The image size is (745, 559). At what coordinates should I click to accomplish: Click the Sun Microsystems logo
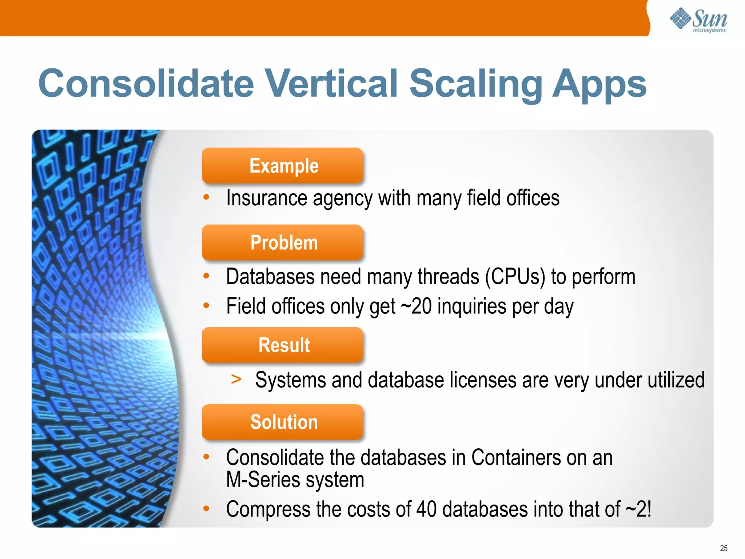click(x=698, y=20)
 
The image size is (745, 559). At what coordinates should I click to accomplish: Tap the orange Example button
click(x=283, y=166)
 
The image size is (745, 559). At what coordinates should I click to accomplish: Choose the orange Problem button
click(x=283, y=242)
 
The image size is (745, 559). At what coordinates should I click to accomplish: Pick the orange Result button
click(x=283, y=345)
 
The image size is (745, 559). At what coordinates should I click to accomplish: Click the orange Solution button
click(x=283, y=422)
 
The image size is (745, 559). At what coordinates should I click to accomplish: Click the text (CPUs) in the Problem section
click(x=515, y=277)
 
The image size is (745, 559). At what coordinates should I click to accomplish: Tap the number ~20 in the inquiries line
click(x=416, y=306)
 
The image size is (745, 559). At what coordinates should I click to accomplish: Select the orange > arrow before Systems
click(x=236, y=379)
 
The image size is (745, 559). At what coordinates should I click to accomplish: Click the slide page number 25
click(x=723, y=548)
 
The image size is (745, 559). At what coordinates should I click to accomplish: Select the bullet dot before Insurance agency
click(x=206, y=197)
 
